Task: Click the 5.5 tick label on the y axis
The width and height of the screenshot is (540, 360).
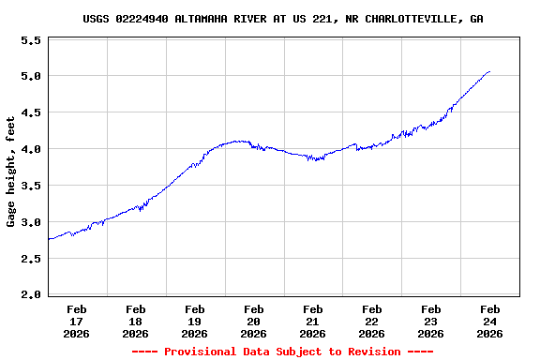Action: coord(31,41)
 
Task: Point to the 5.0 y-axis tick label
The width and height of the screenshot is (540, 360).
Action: coord(31,77)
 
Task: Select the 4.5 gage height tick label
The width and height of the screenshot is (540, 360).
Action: coord(31,113)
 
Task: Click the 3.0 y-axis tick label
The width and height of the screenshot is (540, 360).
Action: coord(31,223)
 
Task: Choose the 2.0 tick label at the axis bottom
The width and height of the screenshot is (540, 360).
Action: coord(31,295)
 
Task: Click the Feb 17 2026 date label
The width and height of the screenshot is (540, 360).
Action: coord(77,321)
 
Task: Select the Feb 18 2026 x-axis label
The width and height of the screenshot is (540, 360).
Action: coord(136,321)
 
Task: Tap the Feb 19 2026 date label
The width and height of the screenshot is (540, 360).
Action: coord(195,321)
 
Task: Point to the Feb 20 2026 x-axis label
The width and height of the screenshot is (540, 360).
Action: coord(254,321)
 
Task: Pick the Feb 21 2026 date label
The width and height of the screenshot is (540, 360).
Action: coord(313,321)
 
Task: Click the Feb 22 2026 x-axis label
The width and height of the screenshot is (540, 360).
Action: coord(372,321)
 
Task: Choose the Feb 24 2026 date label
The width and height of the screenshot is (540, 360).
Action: coord(490,321)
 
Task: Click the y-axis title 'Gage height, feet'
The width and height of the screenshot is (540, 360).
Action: coord(11,172)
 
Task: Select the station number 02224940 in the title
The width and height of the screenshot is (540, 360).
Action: coord(142,19)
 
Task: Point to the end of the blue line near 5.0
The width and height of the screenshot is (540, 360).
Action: coord(489,71)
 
